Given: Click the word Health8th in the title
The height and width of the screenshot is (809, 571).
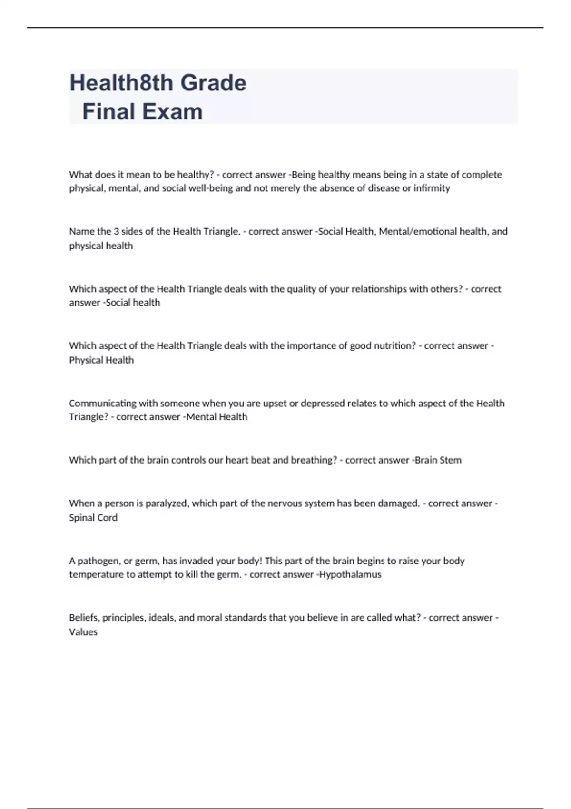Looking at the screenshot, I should (122, 83).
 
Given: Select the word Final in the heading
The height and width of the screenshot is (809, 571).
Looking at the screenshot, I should (108, 112).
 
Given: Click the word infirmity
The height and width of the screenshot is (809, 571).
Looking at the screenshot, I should (432, 188).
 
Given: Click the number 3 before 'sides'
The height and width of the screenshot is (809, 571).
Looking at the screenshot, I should (116, 231).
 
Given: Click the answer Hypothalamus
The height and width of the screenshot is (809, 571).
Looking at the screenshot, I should (350, 574).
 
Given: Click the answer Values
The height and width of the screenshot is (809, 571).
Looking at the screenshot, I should (83, 632).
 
